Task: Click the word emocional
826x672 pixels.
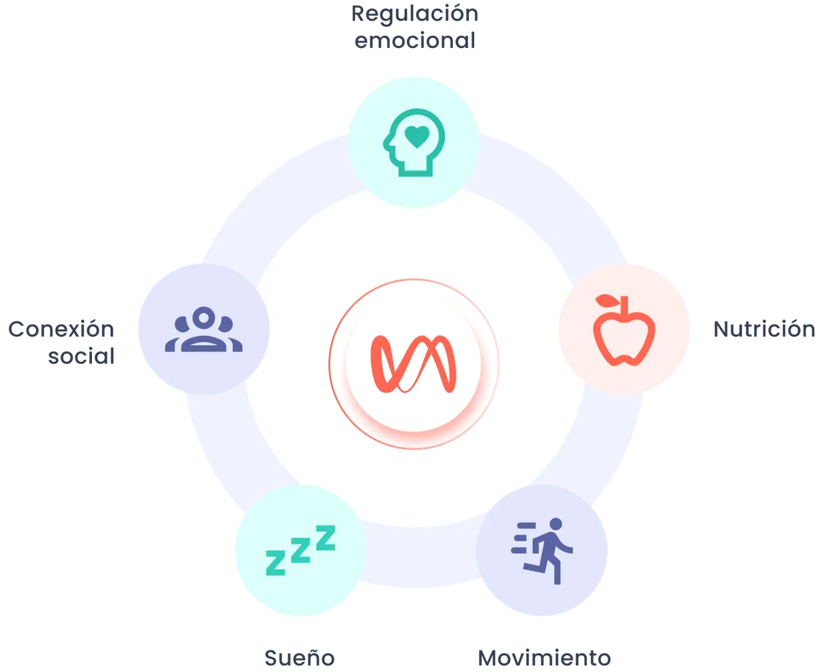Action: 415,41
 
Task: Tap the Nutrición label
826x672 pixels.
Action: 764,329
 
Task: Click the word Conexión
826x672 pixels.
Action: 61,329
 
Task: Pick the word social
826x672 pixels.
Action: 81,356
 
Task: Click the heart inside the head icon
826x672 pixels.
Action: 417,137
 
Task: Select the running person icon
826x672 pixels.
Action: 542,551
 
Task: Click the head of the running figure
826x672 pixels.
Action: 556,524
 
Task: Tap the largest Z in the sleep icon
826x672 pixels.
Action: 325,538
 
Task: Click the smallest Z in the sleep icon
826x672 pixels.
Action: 275,563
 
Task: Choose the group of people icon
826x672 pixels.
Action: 204,329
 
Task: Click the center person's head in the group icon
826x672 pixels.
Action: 204,318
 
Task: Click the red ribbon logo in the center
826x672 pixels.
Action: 414,364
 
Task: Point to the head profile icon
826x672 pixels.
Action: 414,143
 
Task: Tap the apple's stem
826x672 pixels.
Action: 624,305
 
